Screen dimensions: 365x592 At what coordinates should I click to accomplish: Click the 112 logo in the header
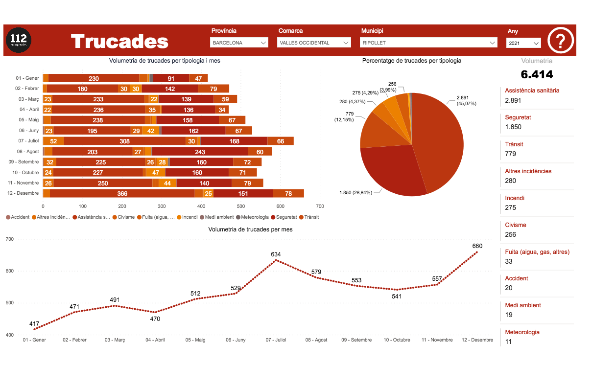19,40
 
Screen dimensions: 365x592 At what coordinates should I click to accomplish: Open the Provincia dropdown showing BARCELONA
239,43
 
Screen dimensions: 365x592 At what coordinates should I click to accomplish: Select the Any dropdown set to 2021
523,43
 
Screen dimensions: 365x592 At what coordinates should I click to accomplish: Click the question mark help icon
561,41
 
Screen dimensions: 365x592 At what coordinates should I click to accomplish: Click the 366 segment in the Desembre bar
122,193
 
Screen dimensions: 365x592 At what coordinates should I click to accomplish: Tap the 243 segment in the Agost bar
200,152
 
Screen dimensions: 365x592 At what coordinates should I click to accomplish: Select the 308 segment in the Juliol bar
124,141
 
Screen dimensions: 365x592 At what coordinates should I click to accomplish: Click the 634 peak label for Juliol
276,254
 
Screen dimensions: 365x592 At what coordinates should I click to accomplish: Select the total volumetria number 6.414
537,74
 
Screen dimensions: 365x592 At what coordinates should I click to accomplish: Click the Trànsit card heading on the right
514,144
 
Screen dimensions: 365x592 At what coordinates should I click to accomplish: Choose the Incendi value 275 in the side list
510,207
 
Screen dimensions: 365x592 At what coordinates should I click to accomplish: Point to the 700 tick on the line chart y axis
10,239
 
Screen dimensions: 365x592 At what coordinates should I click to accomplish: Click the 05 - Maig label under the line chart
195,340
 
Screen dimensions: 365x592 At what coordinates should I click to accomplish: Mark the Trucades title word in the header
119,42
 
